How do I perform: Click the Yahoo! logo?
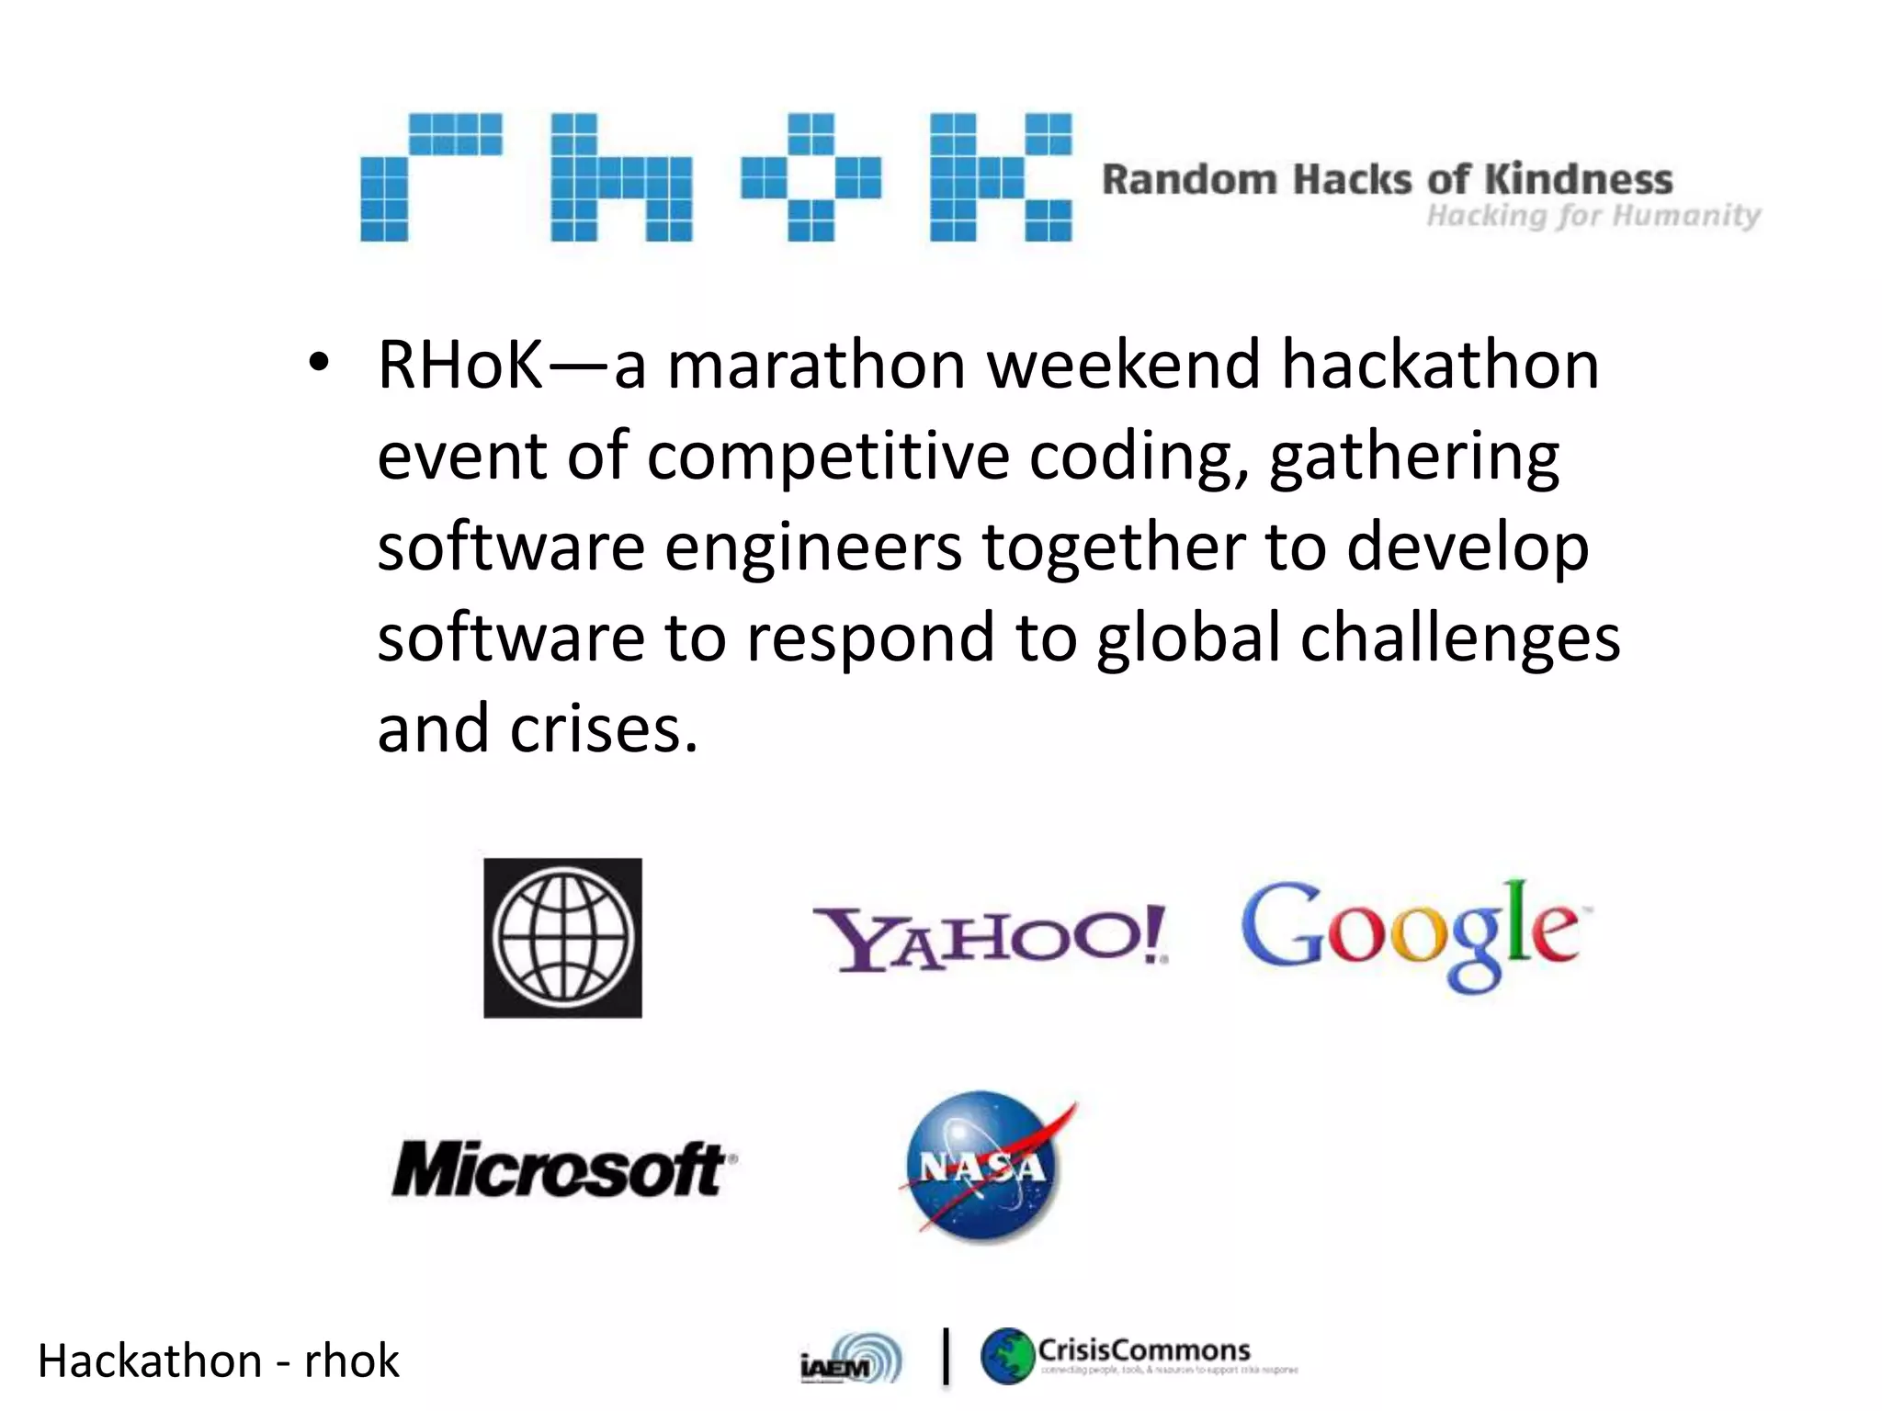990,938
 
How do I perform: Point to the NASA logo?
984,1167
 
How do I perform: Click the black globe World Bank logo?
562,938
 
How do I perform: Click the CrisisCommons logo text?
1144,1350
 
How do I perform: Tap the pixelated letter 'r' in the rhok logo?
430,176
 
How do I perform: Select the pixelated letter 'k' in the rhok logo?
1000,176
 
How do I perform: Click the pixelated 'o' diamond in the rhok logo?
811,176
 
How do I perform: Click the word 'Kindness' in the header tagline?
1578,179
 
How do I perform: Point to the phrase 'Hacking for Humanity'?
1593,216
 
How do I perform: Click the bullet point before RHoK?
318,365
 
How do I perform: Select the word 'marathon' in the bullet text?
816,365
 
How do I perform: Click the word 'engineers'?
813,547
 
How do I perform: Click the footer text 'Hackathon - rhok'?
218,1360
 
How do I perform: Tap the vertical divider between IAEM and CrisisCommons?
947,1357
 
